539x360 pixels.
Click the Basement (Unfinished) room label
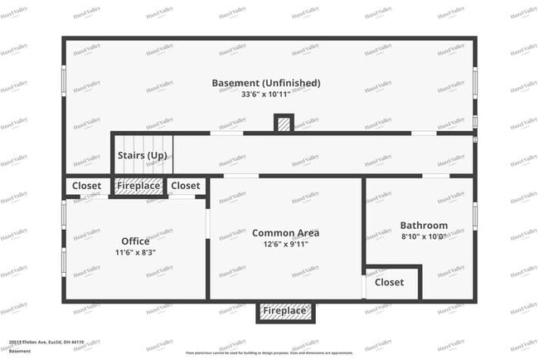[265, 83]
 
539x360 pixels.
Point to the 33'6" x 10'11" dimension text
[266, 95]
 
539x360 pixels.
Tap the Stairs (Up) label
[142, 156]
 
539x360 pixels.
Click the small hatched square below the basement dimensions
[284, 124]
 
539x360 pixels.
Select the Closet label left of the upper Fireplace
[86, 186]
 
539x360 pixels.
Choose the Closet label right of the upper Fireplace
[186, 186]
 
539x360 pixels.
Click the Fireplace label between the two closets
[137, 186]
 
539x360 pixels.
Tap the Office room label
[135, 241]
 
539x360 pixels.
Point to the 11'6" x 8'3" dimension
[135, 252]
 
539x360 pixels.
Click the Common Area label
[285, 233]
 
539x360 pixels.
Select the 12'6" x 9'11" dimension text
[285, 244]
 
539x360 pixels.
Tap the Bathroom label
[424, 226]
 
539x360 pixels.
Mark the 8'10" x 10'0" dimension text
[424, 236]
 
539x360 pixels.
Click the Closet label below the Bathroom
[389, 282]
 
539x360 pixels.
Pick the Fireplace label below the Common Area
[284, 311]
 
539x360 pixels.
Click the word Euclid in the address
[56, 342]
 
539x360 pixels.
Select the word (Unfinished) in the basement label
[291, 83]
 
